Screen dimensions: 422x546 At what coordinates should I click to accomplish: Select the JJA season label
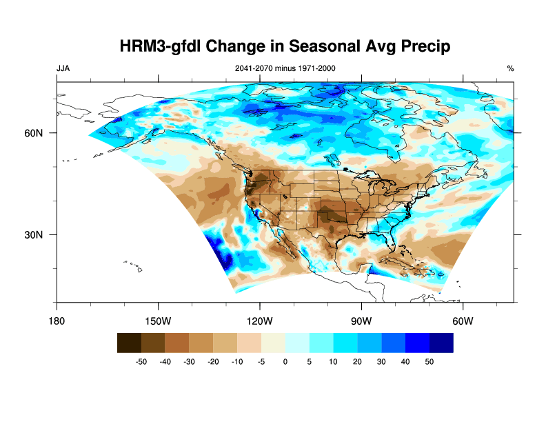(63, 68)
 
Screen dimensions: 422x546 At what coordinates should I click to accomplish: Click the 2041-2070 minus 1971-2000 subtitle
(285, 68)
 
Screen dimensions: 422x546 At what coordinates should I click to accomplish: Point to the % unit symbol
(510, 68)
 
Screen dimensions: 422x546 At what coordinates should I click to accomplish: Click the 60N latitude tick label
(43, 132)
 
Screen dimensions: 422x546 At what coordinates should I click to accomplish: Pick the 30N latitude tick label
(43, 234)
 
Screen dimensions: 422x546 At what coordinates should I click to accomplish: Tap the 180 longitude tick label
(57, 321)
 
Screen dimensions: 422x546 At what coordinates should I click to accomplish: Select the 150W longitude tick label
(158, 321)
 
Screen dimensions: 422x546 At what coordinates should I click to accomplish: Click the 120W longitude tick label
(259, 321)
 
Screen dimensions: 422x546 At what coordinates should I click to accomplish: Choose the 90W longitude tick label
(361, 321)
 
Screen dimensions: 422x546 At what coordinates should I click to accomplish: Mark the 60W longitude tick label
(462, 321)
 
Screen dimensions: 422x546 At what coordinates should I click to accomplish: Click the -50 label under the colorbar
(141, 361)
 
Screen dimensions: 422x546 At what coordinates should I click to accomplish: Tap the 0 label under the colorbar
(285, 361)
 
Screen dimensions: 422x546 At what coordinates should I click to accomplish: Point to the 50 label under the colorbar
(429, 361)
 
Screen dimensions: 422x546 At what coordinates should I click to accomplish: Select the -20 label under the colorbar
(214, 361)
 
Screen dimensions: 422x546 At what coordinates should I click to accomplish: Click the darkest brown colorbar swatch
(129, 343)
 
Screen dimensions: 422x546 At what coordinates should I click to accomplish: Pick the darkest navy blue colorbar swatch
(442, 343)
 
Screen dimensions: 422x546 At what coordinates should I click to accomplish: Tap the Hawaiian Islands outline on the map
(135, 265)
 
